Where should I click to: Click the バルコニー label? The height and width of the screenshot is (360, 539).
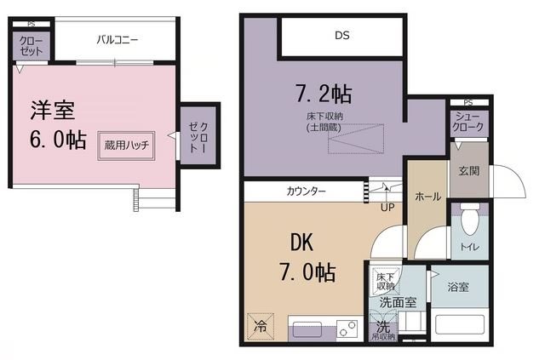[118, 39]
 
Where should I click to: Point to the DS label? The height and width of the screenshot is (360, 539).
[342, 36]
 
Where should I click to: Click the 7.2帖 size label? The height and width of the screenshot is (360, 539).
[324, 91]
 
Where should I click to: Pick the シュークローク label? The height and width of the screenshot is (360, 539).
[469, 122]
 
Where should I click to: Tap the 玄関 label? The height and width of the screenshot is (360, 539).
[468, 170]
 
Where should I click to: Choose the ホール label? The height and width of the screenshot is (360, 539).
[427, 197]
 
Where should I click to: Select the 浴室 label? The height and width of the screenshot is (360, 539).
[458, 287]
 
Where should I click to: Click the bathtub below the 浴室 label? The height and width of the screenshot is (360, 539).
[461, 324]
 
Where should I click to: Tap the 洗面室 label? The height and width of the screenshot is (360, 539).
[397, 301]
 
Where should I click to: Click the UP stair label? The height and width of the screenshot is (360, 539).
[387, 207]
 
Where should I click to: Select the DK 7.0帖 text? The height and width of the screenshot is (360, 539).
[303, 258]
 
